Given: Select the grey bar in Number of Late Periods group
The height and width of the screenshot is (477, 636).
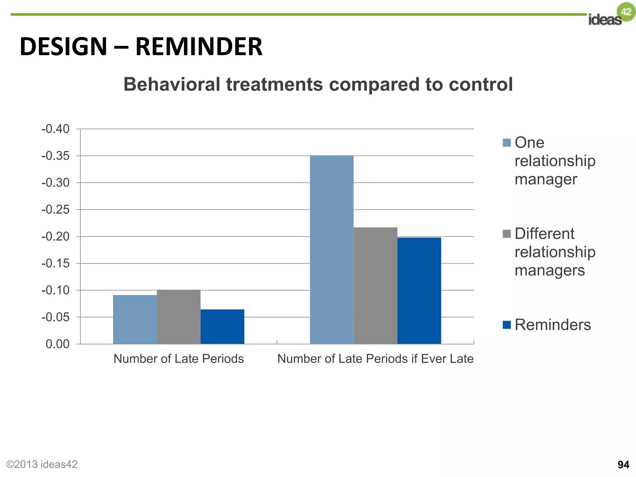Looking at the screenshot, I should (x=179, y=317).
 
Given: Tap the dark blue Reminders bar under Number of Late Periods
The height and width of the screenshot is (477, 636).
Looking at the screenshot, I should (x=222, y=326).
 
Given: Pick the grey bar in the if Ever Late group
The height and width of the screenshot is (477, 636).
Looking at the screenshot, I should (x=375, y=285).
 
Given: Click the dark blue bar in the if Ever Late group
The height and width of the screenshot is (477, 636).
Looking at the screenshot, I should (x=419, y=291).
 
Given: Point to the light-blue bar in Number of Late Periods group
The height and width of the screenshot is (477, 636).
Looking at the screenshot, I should (x=135, y=319).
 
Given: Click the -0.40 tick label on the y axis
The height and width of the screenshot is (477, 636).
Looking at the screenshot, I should (x=56, y=129).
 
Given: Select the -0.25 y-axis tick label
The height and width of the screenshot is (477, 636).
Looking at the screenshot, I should (x=56, y=210).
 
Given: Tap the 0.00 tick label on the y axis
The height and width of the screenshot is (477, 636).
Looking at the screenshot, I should (x=57, y=344).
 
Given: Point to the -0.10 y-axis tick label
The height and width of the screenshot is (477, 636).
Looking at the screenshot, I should (x=56, y=290).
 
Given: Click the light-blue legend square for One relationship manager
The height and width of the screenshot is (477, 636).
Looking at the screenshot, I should (x=507, y=143).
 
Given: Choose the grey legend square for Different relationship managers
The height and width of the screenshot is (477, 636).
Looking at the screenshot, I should (x=507, y=234).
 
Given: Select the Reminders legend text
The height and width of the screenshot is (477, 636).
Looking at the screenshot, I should (x=552, y=325).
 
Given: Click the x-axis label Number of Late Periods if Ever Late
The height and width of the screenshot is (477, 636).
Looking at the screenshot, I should (x=375, y=359).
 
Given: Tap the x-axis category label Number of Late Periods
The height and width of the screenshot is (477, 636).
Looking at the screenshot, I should (x=179, y=359).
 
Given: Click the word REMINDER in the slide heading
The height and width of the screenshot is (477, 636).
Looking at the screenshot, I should (x=199, y=47).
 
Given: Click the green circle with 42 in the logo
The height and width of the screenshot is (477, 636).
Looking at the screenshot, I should (x=626, y=12).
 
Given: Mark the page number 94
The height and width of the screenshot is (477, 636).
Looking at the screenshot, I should (x=623, y=465).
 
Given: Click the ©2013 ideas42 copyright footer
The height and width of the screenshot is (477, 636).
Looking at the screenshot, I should (x=42, y=464).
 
